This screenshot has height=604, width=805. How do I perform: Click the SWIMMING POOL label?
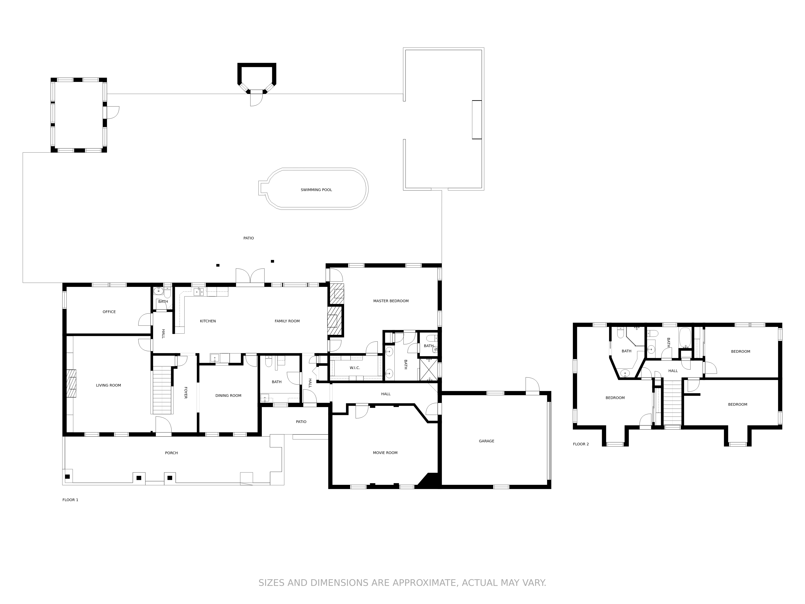[316, 190]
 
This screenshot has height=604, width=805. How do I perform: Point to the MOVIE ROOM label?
[385, 453]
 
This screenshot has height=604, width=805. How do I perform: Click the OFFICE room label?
[109, 312]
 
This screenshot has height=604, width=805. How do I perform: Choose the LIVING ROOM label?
[108, 385]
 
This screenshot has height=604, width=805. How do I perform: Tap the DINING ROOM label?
[228, 395]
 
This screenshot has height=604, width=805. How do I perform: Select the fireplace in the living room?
[71, 383]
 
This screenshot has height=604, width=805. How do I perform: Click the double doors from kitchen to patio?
[250, 277]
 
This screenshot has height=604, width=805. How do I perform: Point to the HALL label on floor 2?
[673, 371]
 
